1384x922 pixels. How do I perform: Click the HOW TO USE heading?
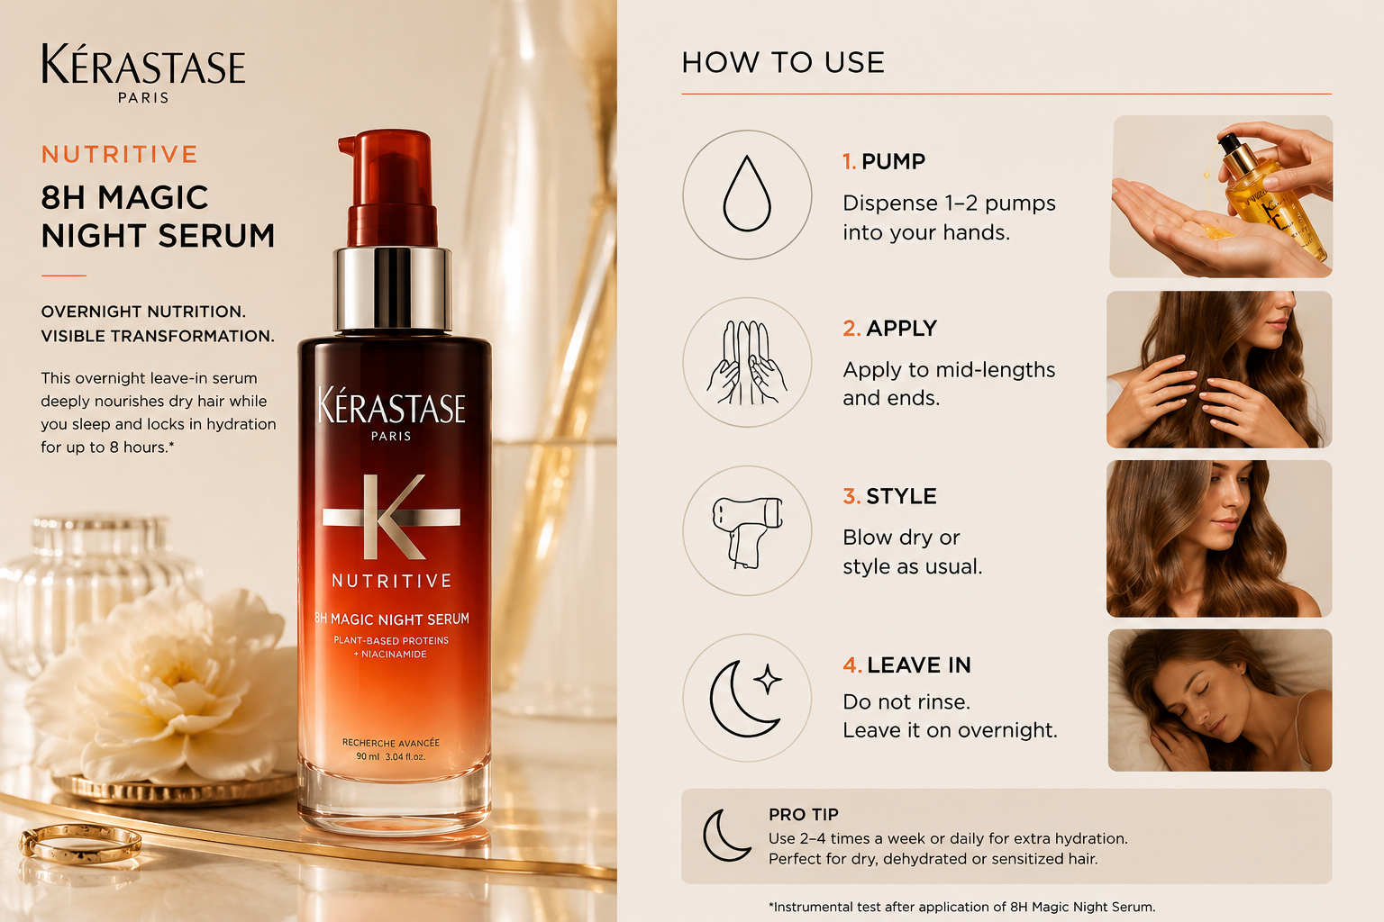[783, 62]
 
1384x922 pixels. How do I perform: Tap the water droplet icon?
[747, 194]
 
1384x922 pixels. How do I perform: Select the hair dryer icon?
[746, 532]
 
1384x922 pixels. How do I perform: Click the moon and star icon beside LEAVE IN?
[746, 699]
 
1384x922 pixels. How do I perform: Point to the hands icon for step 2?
[746, 363]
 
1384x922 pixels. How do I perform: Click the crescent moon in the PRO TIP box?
[726, 835]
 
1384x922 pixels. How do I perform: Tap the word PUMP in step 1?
[894, 162]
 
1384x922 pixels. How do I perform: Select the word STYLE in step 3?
[901, 496]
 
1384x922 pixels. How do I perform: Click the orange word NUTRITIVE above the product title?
[120, 154]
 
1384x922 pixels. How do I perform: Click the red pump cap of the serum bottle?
[390, 188]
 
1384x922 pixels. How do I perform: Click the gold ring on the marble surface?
[80, 843]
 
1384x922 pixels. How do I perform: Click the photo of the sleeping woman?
[1220, 700]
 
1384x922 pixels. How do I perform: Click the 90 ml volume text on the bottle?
[368, 756]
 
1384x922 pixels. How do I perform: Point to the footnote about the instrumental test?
[961, 907]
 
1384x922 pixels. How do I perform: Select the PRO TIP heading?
[803, 815]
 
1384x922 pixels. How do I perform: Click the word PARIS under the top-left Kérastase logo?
[143, 97]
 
